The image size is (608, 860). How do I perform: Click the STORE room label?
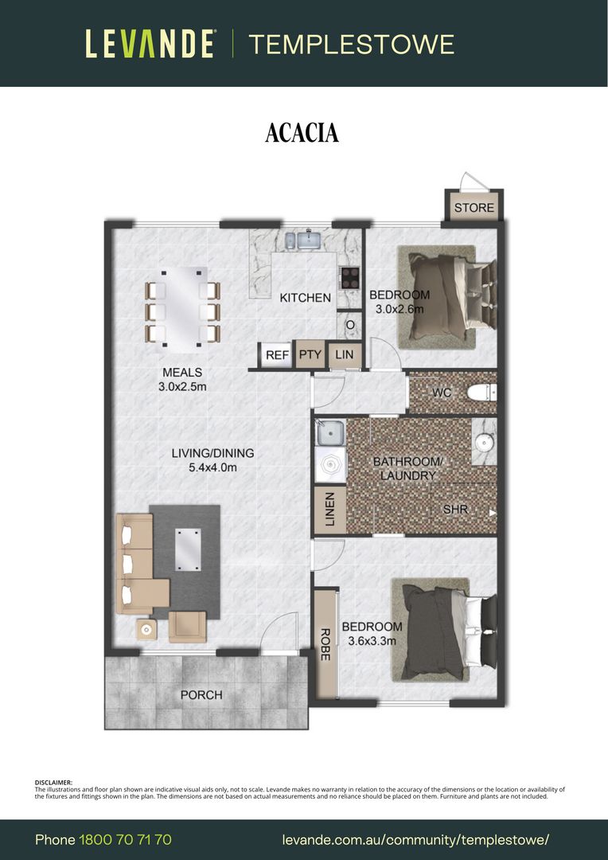tap(474, 208)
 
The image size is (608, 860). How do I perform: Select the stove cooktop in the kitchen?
tap(350, 278)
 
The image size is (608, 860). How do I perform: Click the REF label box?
tap(278, 355)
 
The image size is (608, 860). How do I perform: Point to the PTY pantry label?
tap(310, 354)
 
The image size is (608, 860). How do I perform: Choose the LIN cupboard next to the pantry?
tap(345, 354)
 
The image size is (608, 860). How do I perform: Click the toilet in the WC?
tap(481, 392)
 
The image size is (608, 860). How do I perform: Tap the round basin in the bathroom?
tap(485, 442)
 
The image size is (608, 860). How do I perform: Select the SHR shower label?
tap(455, 510)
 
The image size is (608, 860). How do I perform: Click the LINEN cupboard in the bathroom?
tap(329, 510)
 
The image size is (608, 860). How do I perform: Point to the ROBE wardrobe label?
tap(325, 644)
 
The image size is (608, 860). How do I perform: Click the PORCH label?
tap(202, 695)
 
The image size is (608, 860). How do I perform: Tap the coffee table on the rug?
tap(188, 549)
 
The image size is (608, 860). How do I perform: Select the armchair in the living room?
tap(187, 627)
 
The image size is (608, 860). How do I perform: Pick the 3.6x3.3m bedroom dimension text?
tap(372, 640)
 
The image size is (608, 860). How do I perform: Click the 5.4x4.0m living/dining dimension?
tap(212, 467)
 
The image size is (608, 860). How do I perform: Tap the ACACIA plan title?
tap(302, 133)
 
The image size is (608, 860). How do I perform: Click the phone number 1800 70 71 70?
tap(126, 840)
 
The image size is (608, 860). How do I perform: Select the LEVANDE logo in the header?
tap(150, 44)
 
